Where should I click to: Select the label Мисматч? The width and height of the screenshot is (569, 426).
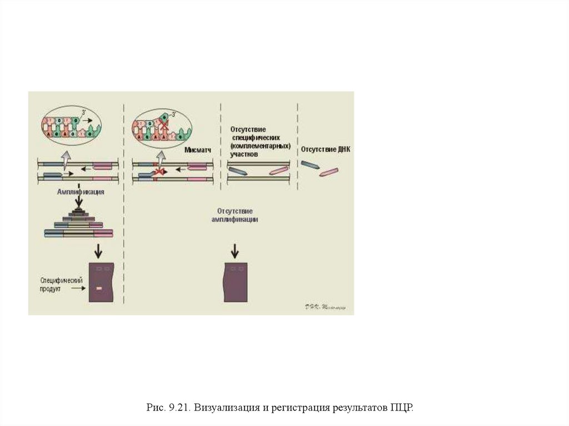[x=197, y=150]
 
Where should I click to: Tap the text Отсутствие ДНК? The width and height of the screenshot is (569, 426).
[x=326, y=149]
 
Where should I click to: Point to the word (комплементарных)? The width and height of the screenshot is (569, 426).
[x=261, y=146]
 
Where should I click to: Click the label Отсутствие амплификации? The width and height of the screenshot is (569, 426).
[x=234, y=215]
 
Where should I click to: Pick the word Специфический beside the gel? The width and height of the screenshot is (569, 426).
[x=61, y=280]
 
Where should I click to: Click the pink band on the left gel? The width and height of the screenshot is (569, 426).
[x=98, y=289]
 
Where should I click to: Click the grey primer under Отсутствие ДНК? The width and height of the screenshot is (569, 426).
[x=310, y=165]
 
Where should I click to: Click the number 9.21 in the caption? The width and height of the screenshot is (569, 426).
[x=178, y=408]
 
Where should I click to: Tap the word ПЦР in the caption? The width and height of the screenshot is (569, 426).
[x=401, y=408]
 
